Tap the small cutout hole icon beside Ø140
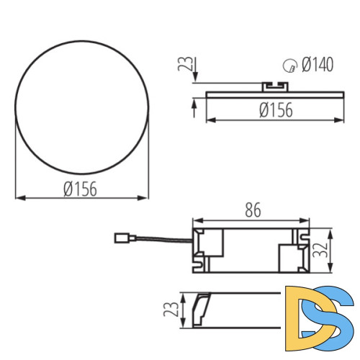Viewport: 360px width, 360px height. pyautogui.click(x=289, y=67)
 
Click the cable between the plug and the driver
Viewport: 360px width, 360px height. pyautogui.click(x=158, y=237)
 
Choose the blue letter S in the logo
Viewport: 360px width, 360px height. pyautogui.click(x=335, y=316)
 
